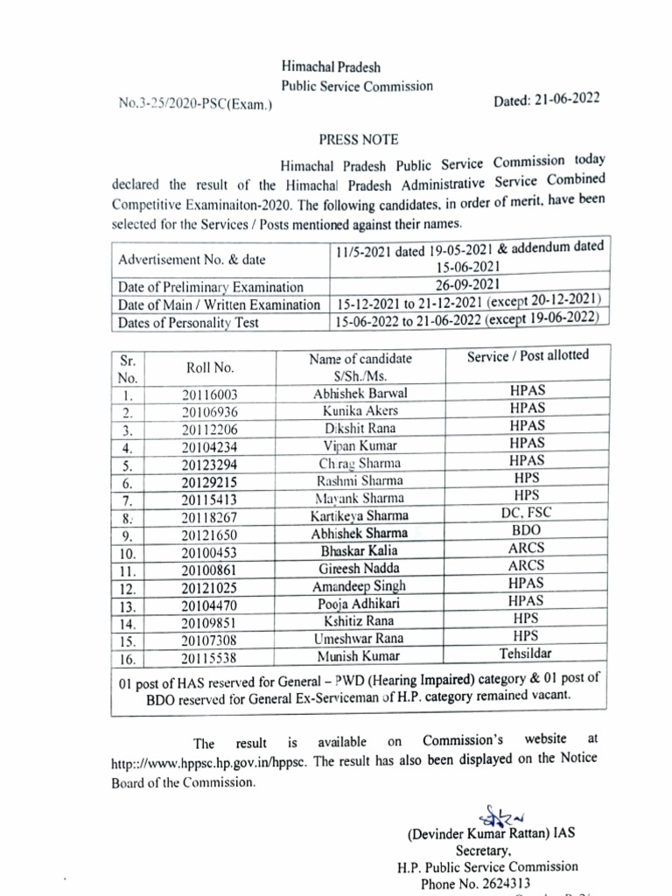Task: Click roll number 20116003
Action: click(209, 395)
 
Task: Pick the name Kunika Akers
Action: click(360, 411)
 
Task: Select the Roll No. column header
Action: click(209, 367)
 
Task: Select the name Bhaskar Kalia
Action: click(360, 550)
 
